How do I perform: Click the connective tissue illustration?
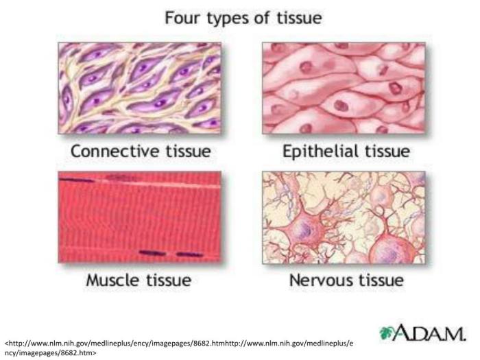coord(139,88)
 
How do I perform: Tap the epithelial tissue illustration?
coord(344,88)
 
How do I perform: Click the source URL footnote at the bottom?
coord(179,346)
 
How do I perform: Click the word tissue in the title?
coord(298,18)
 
